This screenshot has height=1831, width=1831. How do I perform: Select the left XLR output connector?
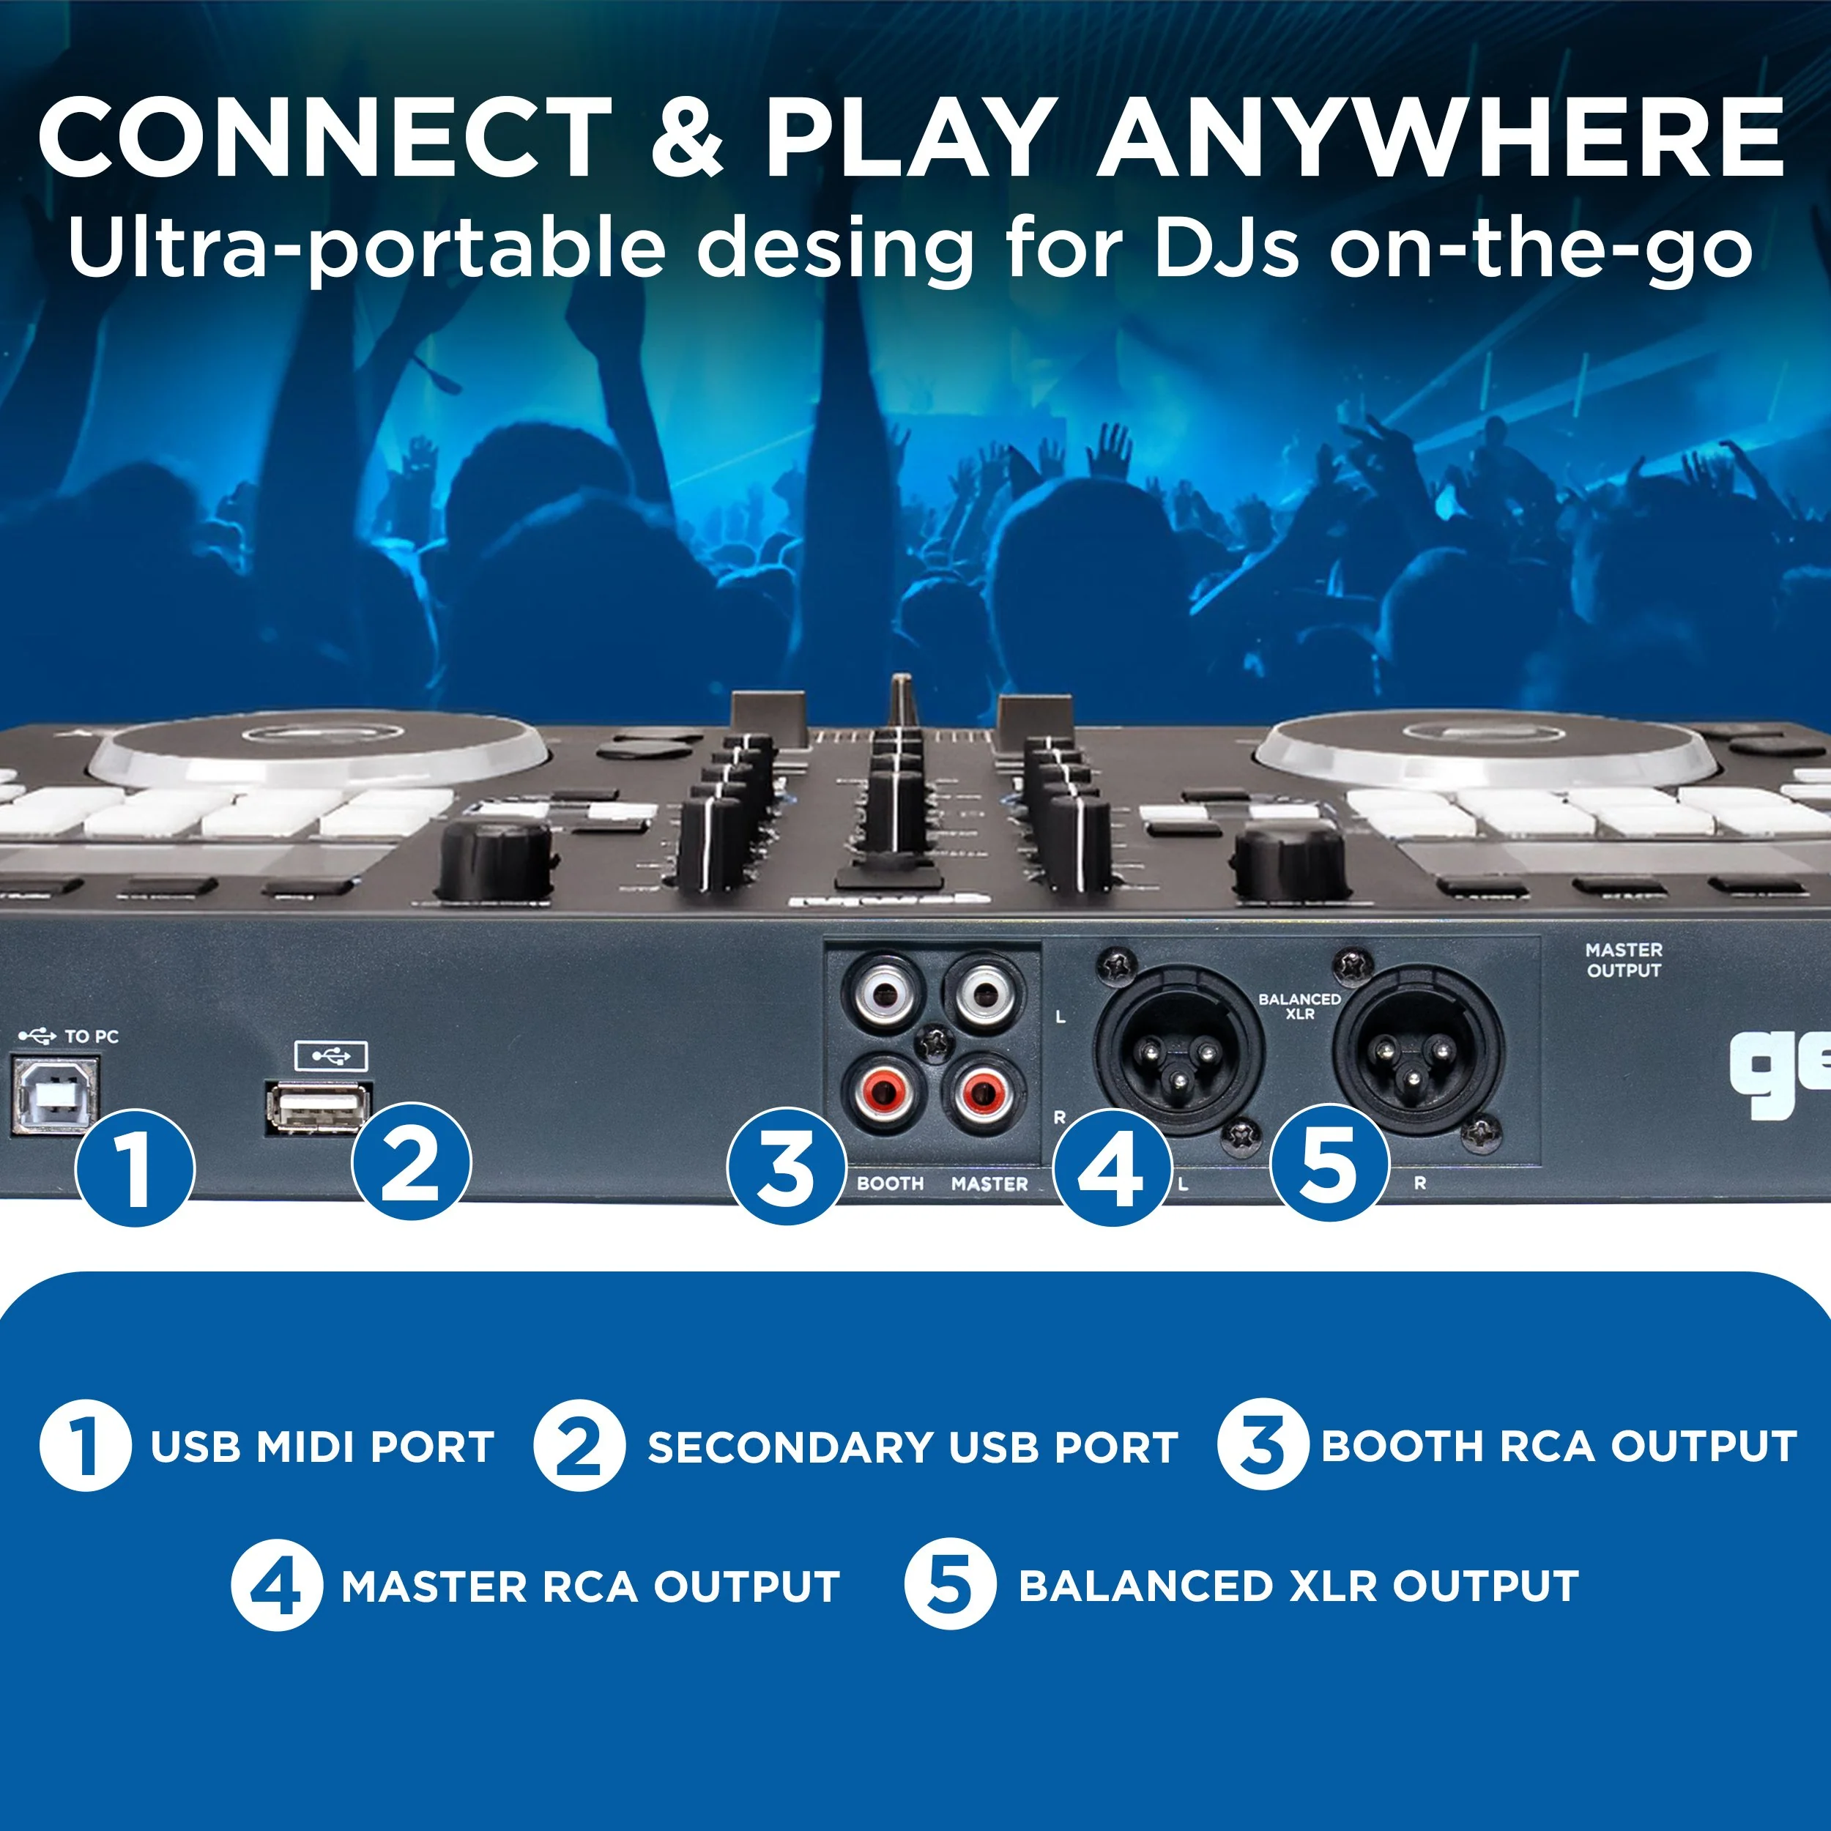[1178, 1050]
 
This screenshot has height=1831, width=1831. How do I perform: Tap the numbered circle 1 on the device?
[135, 1167]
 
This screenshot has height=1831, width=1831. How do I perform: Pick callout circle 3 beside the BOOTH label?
[786, 1167]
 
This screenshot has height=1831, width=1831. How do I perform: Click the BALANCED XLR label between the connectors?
[1299, 1006]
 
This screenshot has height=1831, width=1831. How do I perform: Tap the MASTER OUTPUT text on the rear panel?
[1624, 959]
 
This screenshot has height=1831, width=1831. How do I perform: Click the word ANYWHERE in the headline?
[1441, 138]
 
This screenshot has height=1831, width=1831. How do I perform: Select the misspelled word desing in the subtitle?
[834, 248]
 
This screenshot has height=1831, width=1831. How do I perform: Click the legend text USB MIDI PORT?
[322, 1447]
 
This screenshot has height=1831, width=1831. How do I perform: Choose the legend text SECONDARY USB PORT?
[912, 1447]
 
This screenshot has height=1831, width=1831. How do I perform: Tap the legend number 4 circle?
[276, 1586]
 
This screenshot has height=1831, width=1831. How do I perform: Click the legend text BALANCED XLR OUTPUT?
[1299, 1586]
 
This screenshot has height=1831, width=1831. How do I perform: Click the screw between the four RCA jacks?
[936, 1042]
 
